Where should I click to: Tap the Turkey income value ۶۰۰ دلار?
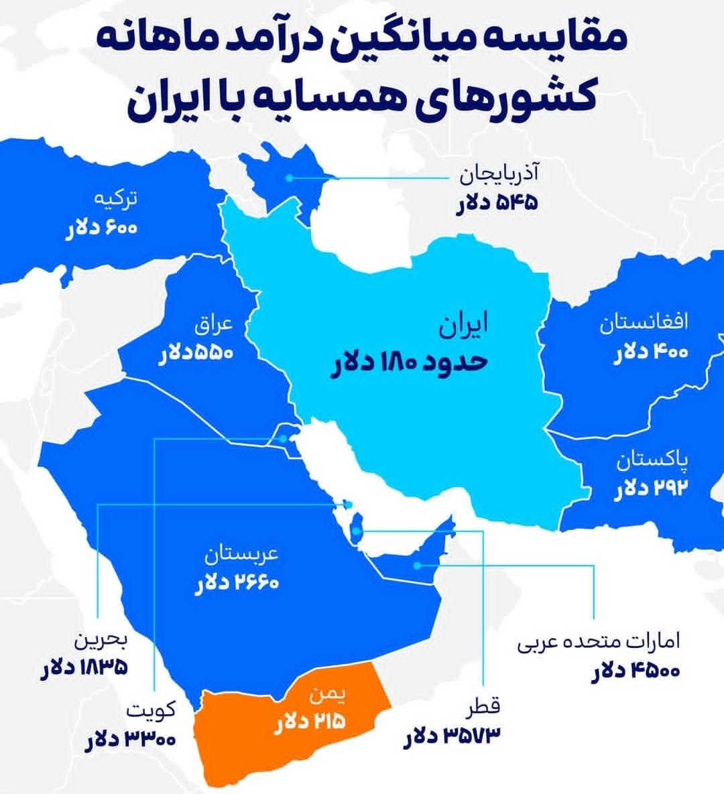click(101, 227)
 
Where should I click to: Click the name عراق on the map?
click(214, 325)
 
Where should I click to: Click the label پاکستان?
click(652, 461)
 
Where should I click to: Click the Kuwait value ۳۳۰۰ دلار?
click(131, 739)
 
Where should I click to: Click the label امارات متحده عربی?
click(598, 643)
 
